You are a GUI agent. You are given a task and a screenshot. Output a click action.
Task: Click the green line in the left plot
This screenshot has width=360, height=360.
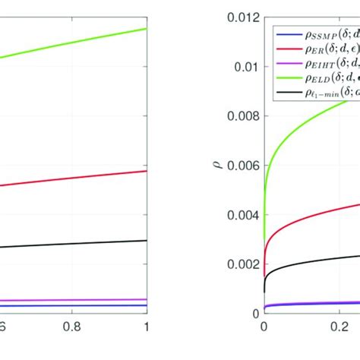tap(76, 43)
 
